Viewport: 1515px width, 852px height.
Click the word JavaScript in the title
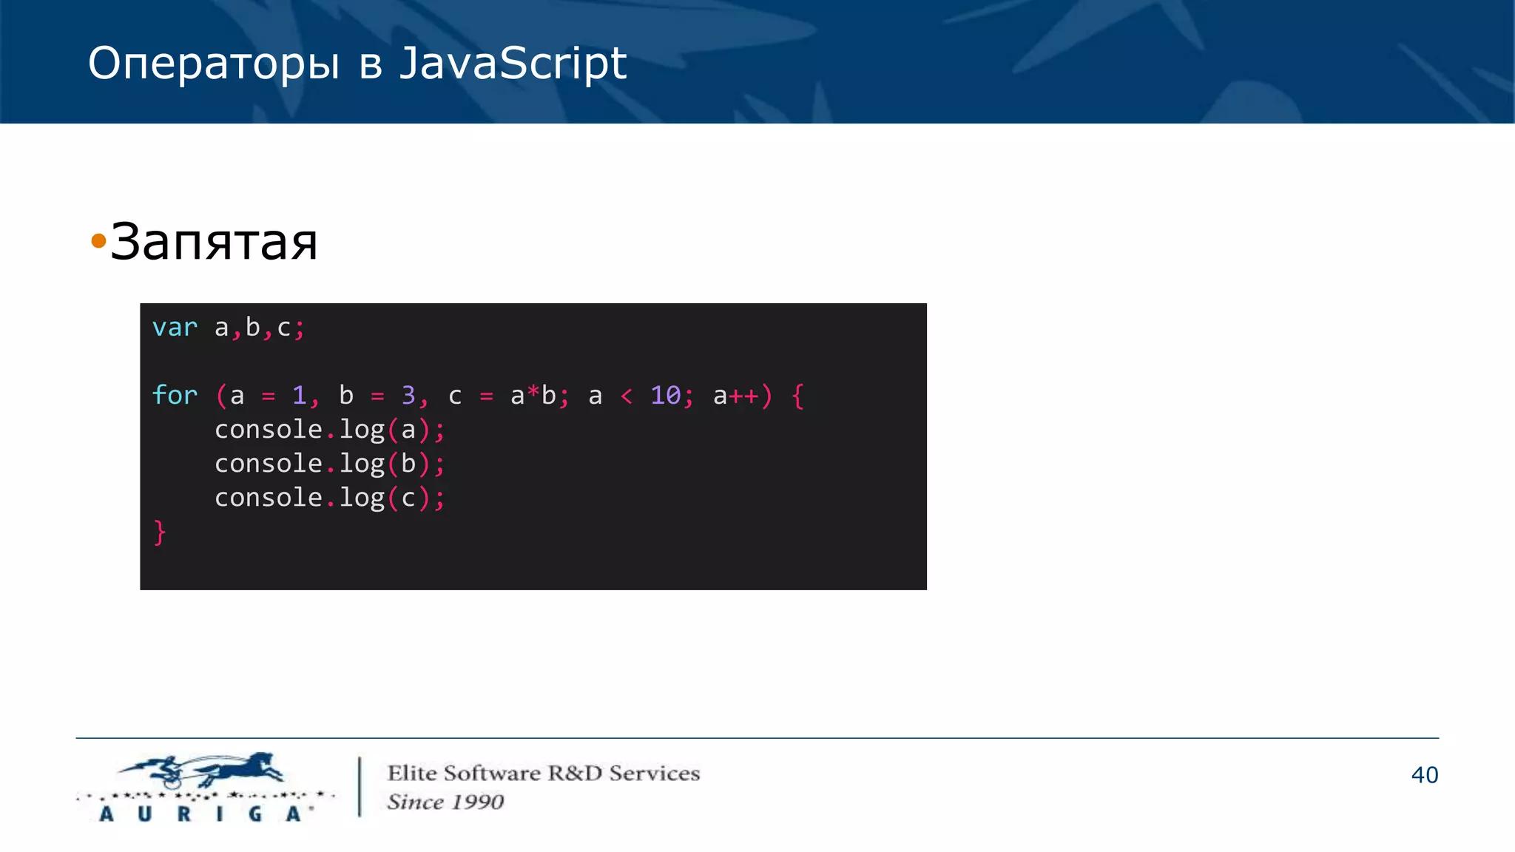pos(513,64)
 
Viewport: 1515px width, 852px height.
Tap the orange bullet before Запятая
pos(98,241)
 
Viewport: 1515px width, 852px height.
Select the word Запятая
pos(215,242)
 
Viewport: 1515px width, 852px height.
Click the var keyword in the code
pos(175,328)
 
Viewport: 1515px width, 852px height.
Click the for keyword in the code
pos(175,395)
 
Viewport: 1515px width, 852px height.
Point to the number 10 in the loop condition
pos(665,395)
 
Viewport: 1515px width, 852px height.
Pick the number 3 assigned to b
pos(408,395)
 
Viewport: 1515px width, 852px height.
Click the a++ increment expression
pos(736,396)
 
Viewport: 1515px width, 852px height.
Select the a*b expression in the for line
pos(533,396)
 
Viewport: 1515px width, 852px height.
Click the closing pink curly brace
pos(160,532)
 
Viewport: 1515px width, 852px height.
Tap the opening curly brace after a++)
pos(797,396)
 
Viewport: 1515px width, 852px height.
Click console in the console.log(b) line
pos(268,464)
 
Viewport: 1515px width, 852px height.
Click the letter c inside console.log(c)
pos(408,498)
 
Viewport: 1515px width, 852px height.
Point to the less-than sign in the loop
pos(627,396)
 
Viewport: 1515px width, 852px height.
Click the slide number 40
pos(1424,774)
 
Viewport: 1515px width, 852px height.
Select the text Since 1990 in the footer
pos(445,802)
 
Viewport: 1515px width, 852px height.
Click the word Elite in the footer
pos(412,773)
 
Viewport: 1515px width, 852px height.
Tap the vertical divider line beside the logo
pos(360,786)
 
